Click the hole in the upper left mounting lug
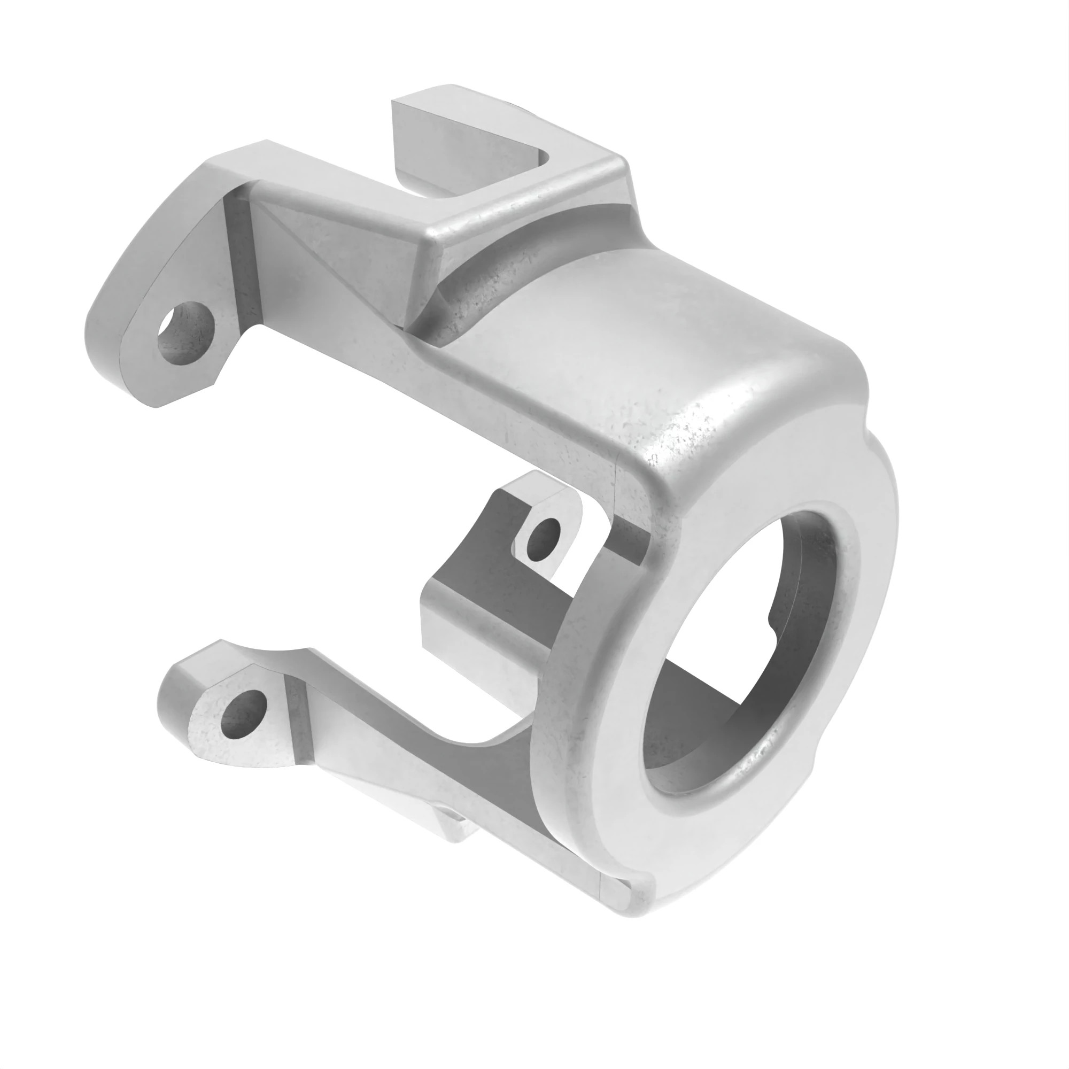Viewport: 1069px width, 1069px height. click(x=185, y=334)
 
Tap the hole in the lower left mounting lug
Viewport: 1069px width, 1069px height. click(x=243, y=714)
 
